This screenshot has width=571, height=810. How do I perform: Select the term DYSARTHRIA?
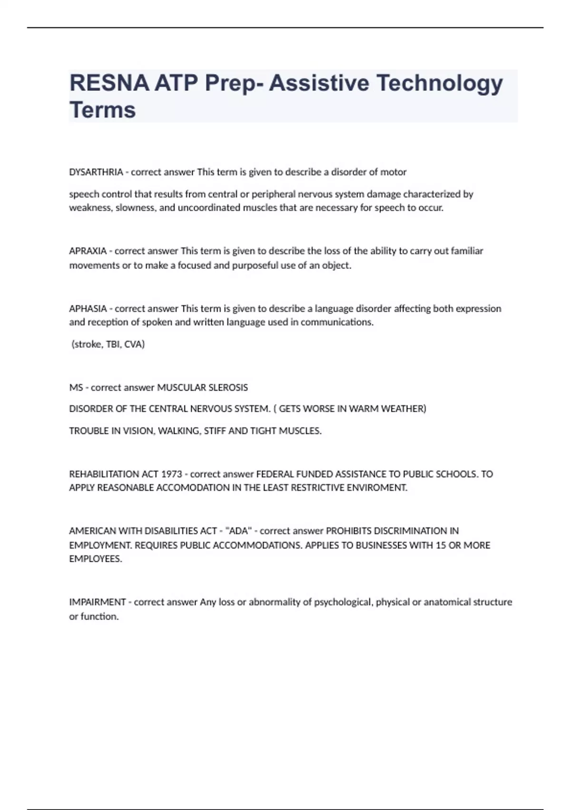(96, 172)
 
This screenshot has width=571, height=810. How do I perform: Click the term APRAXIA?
(88, 251)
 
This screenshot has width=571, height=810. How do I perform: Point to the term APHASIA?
(88, 309)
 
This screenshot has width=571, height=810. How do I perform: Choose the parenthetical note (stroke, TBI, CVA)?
(108, 344)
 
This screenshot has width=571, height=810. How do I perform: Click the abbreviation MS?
(76, 387)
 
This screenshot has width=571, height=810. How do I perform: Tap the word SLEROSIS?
(226, 387)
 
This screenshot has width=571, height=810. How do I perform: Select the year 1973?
(171, 474)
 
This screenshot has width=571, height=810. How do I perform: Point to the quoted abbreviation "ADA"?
(238, 531)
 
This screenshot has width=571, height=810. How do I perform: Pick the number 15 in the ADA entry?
(441, 545)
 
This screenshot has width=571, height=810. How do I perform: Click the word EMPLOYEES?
(95, 559)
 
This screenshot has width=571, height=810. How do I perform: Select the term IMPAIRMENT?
(98, 602)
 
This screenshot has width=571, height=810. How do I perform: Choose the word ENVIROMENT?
(380, 488)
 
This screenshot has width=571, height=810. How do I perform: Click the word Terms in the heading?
(103, 110)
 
